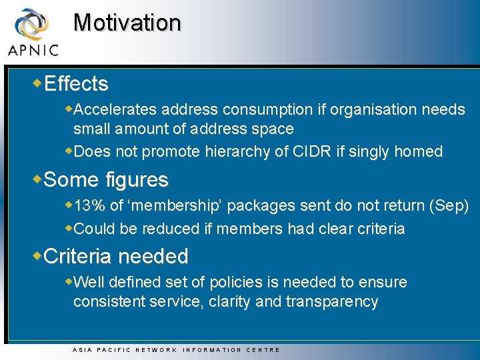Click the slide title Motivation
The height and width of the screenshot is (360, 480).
(x=127, y=23)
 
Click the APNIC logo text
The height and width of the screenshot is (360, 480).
(x=33, y=49)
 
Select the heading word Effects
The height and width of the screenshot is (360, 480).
(x=76, y=84)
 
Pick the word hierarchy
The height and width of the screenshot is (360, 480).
(x=239, y=152)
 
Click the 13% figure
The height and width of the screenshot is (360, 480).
(x=90, y=206)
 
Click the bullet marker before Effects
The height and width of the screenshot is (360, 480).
(x=37, y=83)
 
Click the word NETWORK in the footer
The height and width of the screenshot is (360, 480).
(x=156, y=350)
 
